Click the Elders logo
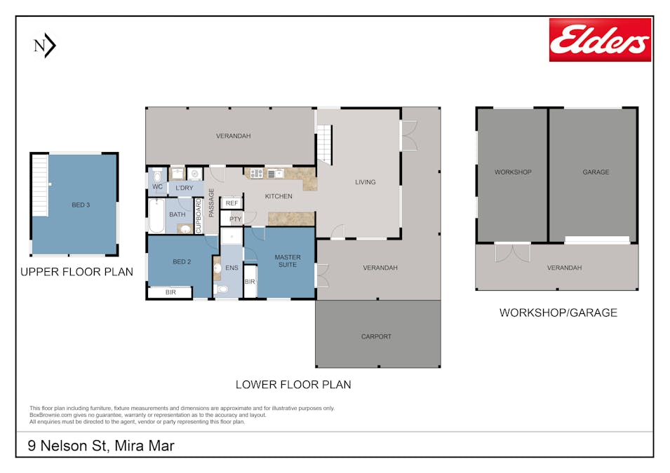(x=600, y=40)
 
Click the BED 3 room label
(x=81, y=205)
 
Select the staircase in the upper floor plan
(x=40, y=185)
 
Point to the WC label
(x=157, y=186)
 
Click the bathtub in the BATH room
(x=157, y=216)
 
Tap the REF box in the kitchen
(x=232, y=203)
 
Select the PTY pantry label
(x=236, y=219)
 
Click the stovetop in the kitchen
(x=256, y=173)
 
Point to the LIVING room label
(x=366, y=182)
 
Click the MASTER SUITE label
(x=288, y=261)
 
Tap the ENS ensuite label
(x=232, y=268)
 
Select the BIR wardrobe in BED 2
(x=170, y=292)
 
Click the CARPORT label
(x=376, y=336)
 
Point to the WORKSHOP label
(x=513, y=172)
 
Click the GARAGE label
(x=596, y=172)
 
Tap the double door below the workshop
(x=513, y=252)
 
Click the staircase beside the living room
(x=324, y=144)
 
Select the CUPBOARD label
(x=199, y=216)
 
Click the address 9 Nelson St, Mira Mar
(x=101, y=446)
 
